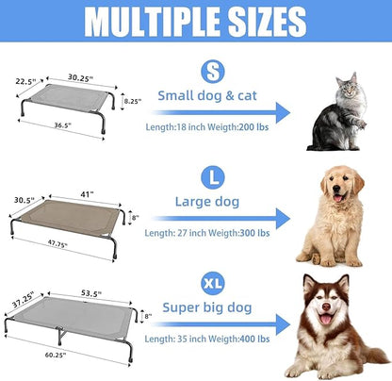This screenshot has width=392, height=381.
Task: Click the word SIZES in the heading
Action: (266, 21)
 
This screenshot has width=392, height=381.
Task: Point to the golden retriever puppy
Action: (332, 217)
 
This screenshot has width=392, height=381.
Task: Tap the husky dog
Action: (336, 325)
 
